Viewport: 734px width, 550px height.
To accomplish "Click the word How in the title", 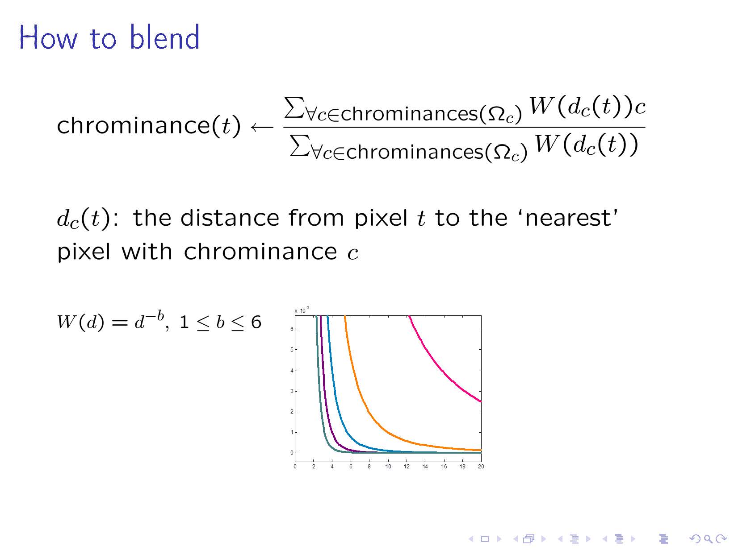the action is (x=48, y=37).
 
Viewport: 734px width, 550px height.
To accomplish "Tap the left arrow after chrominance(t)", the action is (x=262, y=127).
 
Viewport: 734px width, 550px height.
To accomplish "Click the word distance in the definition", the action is (x=230, y=218).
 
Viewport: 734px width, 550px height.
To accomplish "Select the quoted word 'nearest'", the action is (x=568, y=218).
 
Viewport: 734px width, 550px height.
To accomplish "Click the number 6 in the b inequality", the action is (x=256, y=322).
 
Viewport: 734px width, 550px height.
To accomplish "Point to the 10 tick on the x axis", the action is (x=388, y=467).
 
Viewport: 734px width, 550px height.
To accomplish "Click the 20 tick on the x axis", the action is (x=481, y=467).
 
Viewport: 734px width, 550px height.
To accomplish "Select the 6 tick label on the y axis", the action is (x=292, y=329).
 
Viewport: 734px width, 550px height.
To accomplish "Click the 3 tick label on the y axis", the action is (x=292, y=391).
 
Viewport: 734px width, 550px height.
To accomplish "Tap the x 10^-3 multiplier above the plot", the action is (x=302, y=310).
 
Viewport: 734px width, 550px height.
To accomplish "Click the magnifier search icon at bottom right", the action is (x=708, y=539).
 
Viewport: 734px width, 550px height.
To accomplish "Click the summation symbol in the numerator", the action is (x=294, y=108).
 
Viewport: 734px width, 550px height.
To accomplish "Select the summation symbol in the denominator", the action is (x=300, y=145).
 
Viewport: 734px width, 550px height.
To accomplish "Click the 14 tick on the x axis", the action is (x=425, y=467).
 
